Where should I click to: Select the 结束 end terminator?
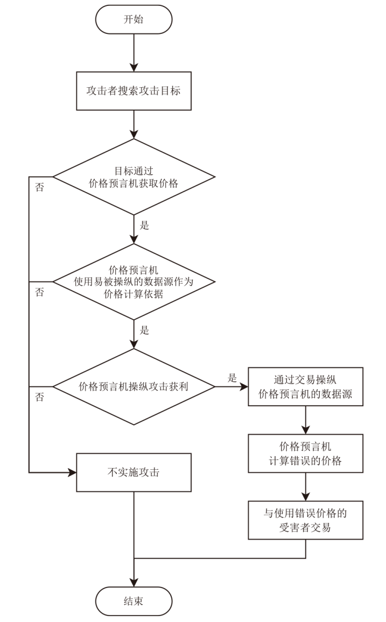(134, 600)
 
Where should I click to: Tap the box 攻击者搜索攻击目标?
(134, 91)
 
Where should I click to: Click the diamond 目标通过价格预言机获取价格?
(134, 177)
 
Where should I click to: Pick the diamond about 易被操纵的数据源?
(134, 281)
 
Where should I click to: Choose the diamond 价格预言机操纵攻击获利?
(134, 386)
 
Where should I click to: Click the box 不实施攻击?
(134, 472)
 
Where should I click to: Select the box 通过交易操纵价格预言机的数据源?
(305, 387)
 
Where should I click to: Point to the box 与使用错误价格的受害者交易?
(305, 520)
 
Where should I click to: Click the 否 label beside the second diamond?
(40, 292)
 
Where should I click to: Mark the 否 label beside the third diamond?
(40, 397)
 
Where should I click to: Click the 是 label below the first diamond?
(144, 225)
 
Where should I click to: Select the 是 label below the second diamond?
(144, 330)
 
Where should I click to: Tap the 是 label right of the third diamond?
(233, 378)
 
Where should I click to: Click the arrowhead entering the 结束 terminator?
(134, 582)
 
